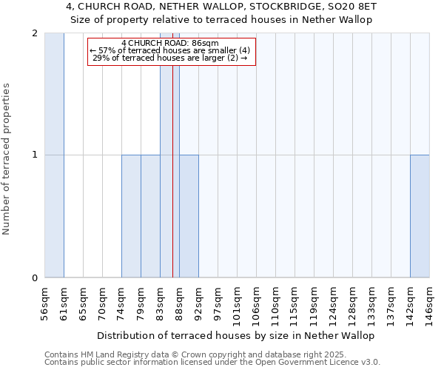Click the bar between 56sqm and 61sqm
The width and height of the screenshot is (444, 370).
54,155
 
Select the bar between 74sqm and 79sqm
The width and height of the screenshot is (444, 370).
131,216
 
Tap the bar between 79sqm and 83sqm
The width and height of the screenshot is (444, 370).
150,216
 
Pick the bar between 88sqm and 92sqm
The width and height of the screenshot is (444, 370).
189,216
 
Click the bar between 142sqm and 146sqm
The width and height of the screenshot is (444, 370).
420,216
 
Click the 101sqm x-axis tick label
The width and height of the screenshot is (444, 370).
238,303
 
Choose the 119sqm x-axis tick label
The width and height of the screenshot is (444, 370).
314,303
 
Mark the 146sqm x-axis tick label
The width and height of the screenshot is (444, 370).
430,303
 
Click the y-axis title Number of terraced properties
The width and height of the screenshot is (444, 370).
7,159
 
